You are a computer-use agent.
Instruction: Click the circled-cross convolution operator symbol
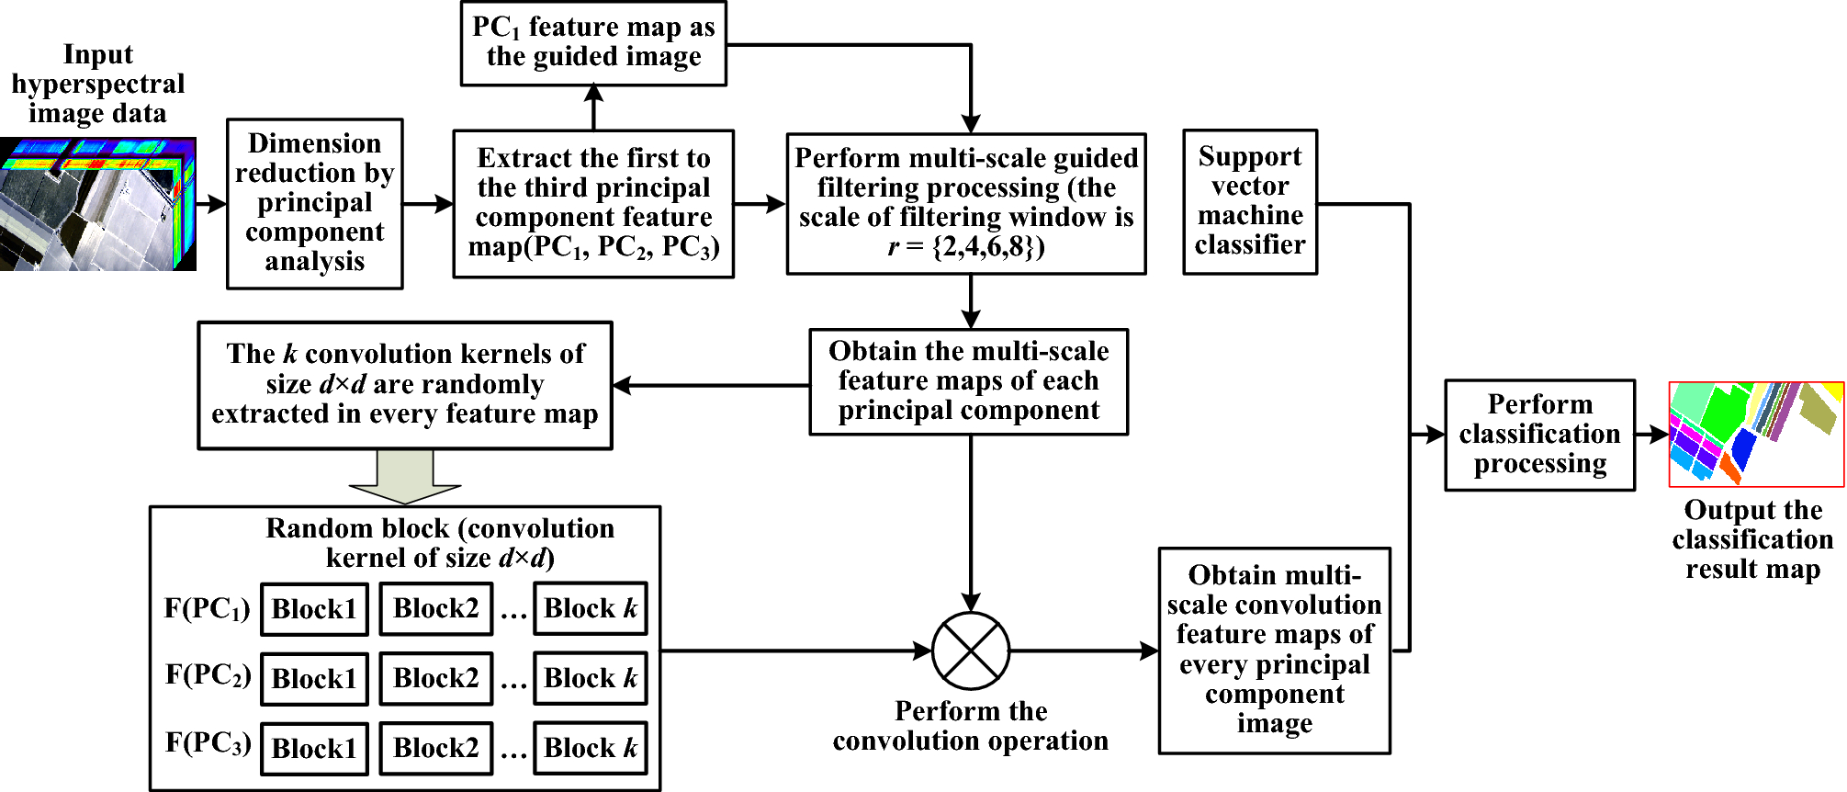pos(971,651)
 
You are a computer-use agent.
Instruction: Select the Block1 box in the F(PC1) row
pos(314,609)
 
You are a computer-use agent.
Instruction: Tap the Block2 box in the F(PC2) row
pos(436,679)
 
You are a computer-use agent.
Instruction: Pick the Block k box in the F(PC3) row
pos(591,748)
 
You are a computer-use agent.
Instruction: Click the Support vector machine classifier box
pos(1250,202)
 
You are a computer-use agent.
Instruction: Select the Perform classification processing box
pos(1540,435)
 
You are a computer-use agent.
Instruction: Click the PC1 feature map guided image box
pos(593,43)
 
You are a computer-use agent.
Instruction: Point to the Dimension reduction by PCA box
pos(315,203)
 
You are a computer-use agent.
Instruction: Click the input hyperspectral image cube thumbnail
pos(98,204)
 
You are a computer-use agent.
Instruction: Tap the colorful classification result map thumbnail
pos(1756,434)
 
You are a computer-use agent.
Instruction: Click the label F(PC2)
pos(208,675)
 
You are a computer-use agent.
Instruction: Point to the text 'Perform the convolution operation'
pos(971,726)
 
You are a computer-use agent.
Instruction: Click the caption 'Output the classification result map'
pos(1752,539)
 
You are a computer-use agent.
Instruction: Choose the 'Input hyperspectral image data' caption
pos(98,84)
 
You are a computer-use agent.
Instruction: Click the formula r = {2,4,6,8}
pos(966,246)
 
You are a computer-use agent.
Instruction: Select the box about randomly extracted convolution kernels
pos(405,385)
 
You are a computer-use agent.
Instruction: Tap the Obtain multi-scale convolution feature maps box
pos(1275,651)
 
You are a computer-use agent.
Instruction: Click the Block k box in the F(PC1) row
pos(591,608)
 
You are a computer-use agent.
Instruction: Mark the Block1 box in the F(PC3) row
pos(314,749)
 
